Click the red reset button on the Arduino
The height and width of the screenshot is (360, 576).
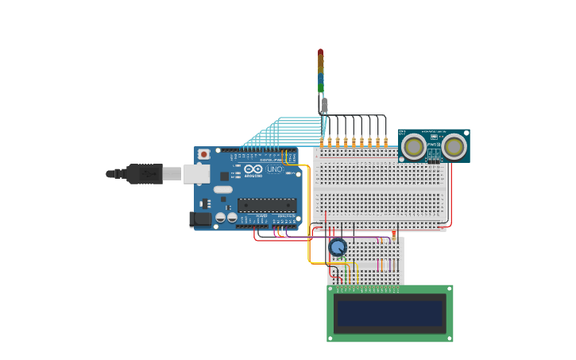point(204,153)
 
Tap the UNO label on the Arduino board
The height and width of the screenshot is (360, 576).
point(274,169)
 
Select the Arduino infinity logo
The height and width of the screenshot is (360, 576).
point(253,169)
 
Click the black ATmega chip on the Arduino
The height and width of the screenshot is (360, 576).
point(266,205)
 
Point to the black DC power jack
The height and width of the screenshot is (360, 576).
point(201,219)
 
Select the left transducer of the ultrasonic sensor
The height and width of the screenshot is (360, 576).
point(413,146)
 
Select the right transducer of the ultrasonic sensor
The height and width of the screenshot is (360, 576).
point(454,146)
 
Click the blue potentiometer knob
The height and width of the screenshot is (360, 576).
point(338,247)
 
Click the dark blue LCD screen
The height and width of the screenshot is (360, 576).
point(389,313)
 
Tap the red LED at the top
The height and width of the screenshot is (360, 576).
point(320,53)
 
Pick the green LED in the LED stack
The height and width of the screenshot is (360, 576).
point(321,88)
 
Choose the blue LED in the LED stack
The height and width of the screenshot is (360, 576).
point(321,79)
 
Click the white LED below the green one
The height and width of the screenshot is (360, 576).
point(324,105)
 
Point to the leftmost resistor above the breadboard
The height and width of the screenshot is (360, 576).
point(322,142)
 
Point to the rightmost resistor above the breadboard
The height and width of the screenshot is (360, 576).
point(385,142)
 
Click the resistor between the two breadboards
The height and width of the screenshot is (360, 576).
point(393,235)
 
